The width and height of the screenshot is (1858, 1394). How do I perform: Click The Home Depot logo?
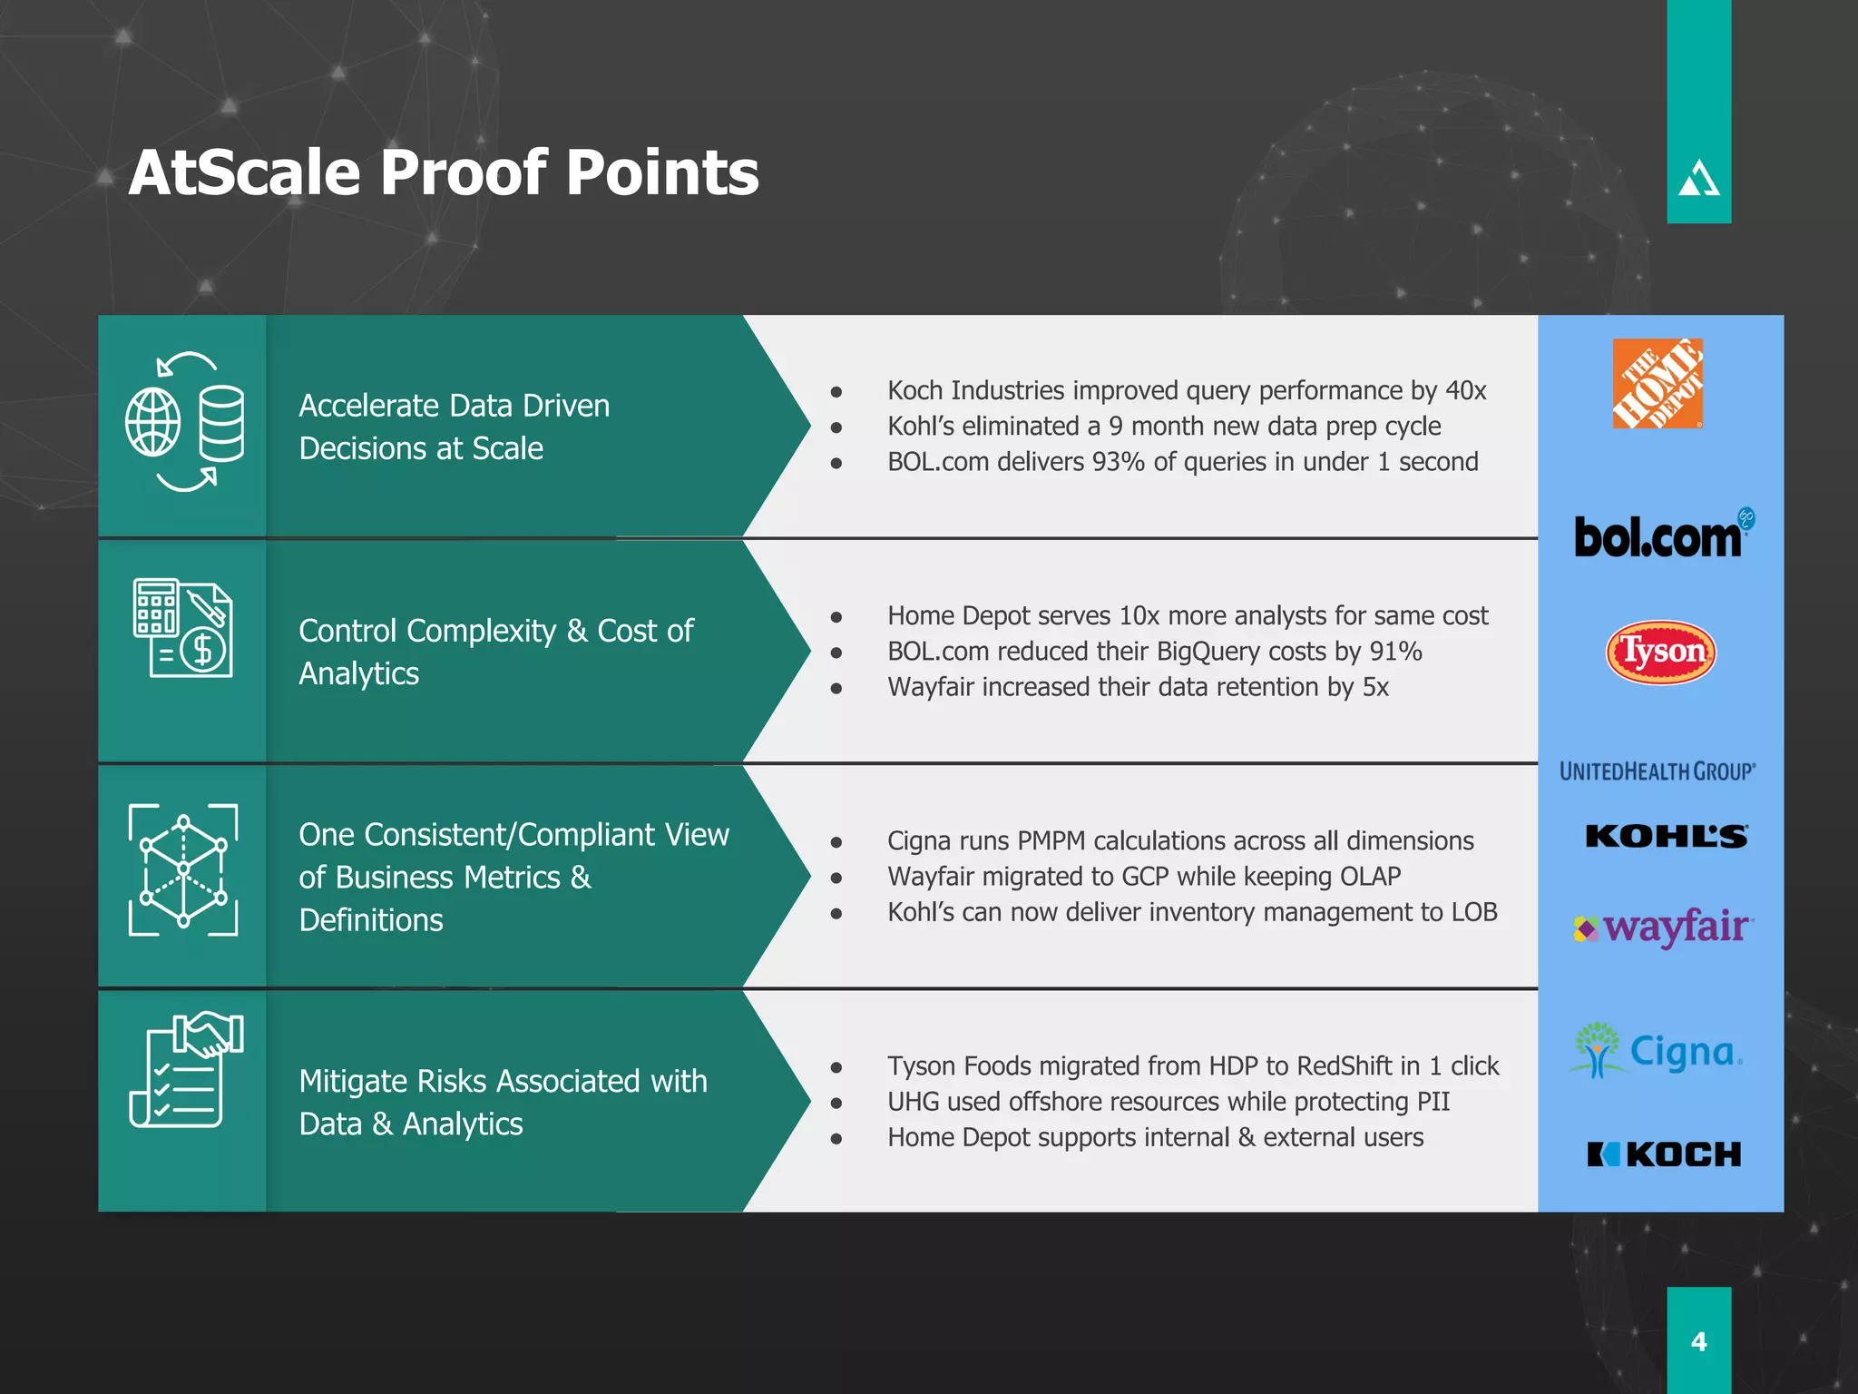point(1657,383)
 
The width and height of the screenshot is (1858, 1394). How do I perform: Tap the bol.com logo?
point(1660,535)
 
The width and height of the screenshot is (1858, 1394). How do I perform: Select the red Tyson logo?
point(1660,652)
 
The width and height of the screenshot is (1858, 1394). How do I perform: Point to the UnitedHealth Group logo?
point(1657,771)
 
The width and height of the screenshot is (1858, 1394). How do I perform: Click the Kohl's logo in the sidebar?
point(1666,836)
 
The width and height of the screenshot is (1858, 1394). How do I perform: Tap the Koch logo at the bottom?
point(1664,1154)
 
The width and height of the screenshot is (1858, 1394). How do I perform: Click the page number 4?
point(1698,1341)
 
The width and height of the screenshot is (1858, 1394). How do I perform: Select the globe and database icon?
point(185,423)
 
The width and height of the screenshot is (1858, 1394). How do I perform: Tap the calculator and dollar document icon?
point(183,628)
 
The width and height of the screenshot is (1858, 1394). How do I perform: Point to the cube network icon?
point(183,869)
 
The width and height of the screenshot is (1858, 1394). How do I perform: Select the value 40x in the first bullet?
point(1465,390)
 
